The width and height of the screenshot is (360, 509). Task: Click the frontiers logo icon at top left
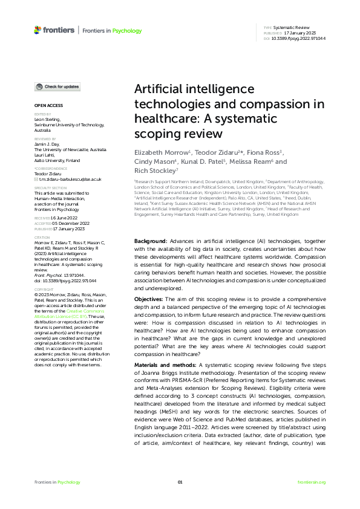click(38, 30)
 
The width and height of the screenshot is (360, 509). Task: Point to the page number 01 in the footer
click(180, 482)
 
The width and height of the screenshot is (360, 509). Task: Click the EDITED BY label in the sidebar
click(42, 114)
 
